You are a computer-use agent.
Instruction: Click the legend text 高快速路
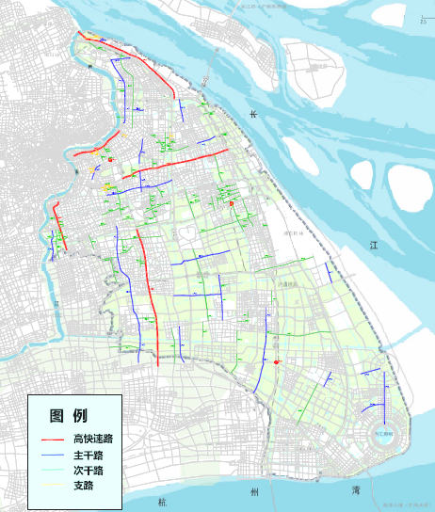[x=92, y=440]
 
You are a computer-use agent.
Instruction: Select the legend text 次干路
[x=88, y=471]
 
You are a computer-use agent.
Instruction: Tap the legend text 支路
[x=83, y=486]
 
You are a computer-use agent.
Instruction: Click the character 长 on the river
[x=252, y=114]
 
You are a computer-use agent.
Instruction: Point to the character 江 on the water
[x=374, y=244]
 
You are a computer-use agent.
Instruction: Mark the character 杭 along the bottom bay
[x=162, y=490]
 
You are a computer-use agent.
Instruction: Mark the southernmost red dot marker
[x=277, y=362]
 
